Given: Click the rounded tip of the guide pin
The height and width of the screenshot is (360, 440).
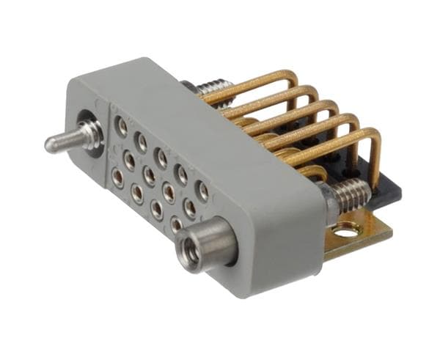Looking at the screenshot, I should [x=49, y=144].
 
